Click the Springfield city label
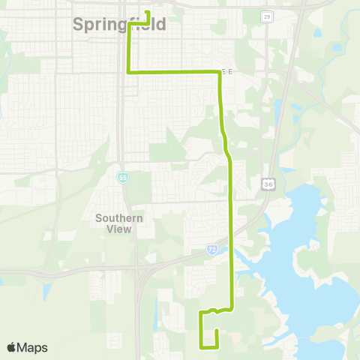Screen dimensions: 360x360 119,25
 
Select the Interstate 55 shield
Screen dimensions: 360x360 122,177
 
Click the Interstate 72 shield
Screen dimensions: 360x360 213,247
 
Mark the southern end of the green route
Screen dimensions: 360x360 216,331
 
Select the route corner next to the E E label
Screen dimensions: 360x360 218,73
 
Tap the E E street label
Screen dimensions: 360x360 226,72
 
